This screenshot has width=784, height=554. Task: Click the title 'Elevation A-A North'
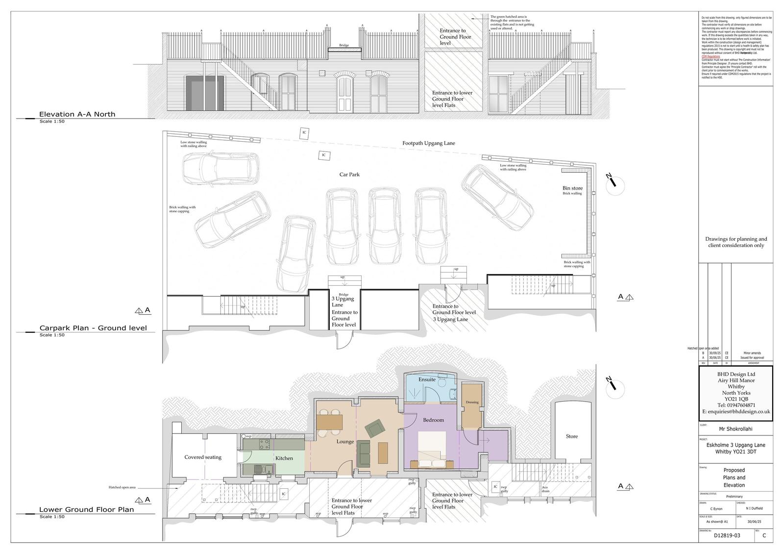pos(77,114)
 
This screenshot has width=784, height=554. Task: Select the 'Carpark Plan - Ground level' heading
pos(93,328)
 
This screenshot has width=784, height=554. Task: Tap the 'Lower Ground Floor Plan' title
pos(86,509)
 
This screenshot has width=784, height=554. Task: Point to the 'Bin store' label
pos(572,188)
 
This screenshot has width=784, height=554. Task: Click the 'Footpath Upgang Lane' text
pos(429,143)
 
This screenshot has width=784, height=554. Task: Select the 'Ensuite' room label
pos(427,379)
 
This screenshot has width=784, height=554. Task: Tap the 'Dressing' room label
pos(472,403)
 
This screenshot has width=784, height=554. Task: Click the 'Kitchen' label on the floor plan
pos(284,458)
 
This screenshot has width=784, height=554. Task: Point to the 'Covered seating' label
pos(203,457)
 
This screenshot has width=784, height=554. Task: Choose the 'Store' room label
pos(572,436)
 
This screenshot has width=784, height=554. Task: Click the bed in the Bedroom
pos(432,446)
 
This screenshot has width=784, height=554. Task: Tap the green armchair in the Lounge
pos(375,429)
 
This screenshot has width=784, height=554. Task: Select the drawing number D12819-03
pos(727,535)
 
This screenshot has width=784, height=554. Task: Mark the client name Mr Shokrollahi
pos(735,429)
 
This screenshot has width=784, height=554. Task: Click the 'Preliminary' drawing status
pos(735,497)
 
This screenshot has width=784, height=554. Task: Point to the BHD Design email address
pos(736,412)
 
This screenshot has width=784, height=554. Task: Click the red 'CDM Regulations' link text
pos(710,56)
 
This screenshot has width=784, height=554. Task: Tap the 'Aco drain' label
pos(544,489)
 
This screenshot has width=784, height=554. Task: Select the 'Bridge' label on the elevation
pos(344,46)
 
